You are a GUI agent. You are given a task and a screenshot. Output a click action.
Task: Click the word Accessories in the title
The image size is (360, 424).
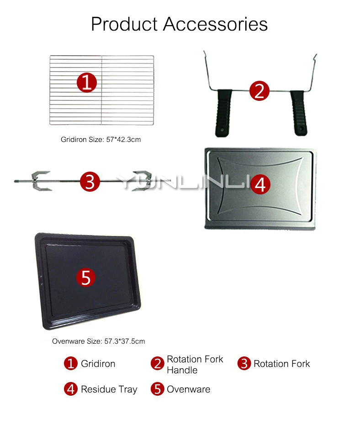pyautogui.click(x=215, y=24)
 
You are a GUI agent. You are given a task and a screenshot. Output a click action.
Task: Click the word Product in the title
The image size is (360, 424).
pyautogui.click(x=124, y=24)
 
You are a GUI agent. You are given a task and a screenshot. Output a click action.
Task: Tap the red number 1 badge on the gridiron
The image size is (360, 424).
pyautogui.click(x=87, y=83)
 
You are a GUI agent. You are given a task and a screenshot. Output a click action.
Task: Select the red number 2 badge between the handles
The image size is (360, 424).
pyautogui.click(x=259, y=91)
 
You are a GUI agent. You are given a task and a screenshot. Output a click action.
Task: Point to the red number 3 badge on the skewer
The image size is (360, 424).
pyautogui.click(x=90, y=182)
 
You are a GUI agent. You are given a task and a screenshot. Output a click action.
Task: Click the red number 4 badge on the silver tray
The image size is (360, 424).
pyautogui.click(x=260, y=184)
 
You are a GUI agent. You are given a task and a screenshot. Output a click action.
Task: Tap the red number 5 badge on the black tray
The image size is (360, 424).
pyautogui.click(x=86, y=277)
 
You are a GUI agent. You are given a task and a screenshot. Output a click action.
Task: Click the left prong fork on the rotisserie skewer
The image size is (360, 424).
pyautogui.click(x=41, y=181)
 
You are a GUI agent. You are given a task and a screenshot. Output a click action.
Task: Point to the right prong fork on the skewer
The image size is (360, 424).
pyautogui.click(x=142, y=181)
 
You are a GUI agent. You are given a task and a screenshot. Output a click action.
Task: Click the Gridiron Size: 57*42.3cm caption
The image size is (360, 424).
pyautogui.click(x=101, y=140)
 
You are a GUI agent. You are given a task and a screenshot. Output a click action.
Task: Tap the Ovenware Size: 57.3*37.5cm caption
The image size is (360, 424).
pyautogui.click(x=99, y=341)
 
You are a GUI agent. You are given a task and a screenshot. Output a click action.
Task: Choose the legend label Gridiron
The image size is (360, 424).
pyautogui.click(x=98, y=364)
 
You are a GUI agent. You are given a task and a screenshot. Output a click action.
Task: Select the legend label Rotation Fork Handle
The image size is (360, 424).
pyautogui.click(x=195, y=365)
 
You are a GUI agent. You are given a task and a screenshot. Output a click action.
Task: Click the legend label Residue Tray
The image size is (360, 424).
pyautogui.click(x=109, y=389)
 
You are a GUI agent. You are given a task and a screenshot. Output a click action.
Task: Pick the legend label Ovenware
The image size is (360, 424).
pyautogui.click(x=188, y=389)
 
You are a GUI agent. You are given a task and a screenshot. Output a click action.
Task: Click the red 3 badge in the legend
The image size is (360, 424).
pyautogui.click(x=244, y=363)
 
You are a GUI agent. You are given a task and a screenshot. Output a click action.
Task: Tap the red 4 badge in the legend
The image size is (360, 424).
pyautogui.click(x=71, y=389)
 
